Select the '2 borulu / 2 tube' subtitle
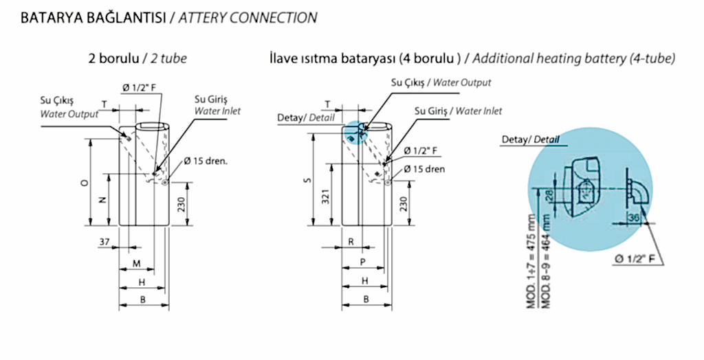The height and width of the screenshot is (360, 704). pyautogui.click(x=137, y=59)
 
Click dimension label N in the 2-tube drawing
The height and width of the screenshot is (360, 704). pyautogui.click(x=102, y=200)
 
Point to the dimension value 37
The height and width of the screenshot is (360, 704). pyautogui.click(x=104, y=242)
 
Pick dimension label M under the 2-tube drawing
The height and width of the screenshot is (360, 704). pyautogui.click(x=136, y=264)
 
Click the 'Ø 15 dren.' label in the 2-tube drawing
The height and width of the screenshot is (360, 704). pyautogui.click(x=205, y=162)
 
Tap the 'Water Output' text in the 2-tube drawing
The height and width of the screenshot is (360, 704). pyautogui.click(x=69, y=114)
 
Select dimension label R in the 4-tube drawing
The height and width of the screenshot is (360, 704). pyautogui.click(x=351, y=242)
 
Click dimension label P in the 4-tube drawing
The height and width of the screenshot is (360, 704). pyautogui.click(x=362, y=263)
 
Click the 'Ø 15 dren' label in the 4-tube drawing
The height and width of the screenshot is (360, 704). pyautogui.click(x=424, y=168)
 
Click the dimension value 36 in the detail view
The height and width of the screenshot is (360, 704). pyautogui.click(x=633, y=218)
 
